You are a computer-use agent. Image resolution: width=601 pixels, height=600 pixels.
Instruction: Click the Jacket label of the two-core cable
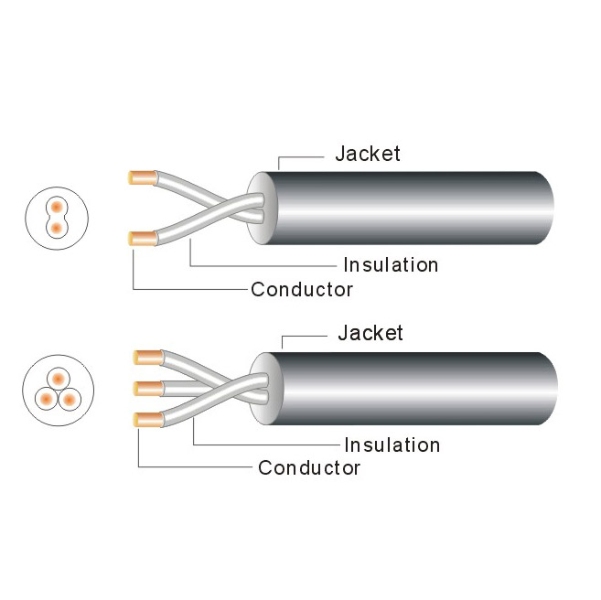coord(367,154)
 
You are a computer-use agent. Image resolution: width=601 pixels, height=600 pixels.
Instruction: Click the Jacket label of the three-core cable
coord(370,332)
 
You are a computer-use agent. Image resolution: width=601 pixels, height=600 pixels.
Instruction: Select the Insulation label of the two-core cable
coord(391,265)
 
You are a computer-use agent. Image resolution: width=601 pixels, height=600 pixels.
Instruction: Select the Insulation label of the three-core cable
coord(392,445)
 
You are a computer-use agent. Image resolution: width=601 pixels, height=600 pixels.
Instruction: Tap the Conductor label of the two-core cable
coord(302,290)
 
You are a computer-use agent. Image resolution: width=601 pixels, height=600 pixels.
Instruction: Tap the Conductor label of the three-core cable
coord(309,468)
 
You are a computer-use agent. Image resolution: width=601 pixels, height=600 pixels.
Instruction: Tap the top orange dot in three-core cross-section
coord(57,378)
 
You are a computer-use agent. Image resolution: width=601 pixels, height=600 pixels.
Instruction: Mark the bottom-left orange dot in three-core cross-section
coord(45,398)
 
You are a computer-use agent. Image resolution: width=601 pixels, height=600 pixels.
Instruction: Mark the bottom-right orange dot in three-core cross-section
coord(69,398)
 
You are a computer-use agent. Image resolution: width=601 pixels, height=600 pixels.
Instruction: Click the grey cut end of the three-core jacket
coord(264,388)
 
